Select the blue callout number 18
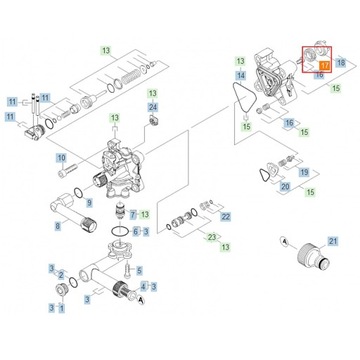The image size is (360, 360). point(340,63)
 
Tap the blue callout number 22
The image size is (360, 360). point(225,215)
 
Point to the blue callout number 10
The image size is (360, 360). point(59,157)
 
